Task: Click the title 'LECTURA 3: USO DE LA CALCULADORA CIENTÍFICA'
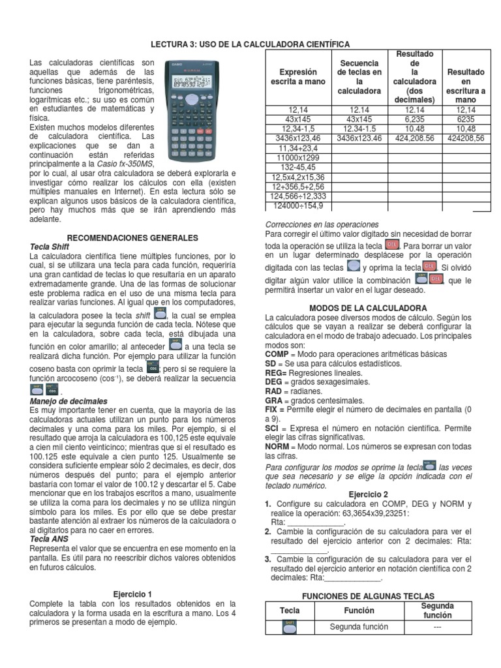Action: (x=250, y=44)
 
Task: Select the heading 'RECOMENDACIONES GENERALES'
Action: (x=132, y=238)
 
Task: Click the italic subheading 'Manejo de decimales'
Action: (x=68, y=401)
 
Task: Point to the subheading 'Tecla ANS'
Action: (x=50, y=539)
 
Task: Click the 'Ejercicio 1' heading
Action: (x=132, y=594)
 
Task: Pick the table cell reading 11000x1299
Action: (x=297, y=158)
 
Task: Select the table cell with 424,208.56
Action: (x=414, y=139)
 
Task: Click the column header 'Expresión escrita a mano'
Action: (x=297, y=77)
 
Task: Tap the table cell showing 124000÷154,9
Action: (x=297, y=205)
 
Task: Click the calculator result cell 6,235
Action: (x=414, y=120)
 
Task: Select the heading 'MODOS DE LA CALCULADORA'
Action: (x=368, y=308)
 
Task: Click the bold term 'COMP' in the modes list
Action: (x=277, y=354)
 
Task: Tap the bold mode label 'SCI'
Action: (x=273, y=428)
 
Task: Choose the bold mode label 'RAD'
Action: (x=274, y=391)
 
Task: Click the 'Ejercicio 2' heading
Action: (x=368, y=494)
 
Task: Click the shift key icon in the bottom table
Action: (x=290, y=627)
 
